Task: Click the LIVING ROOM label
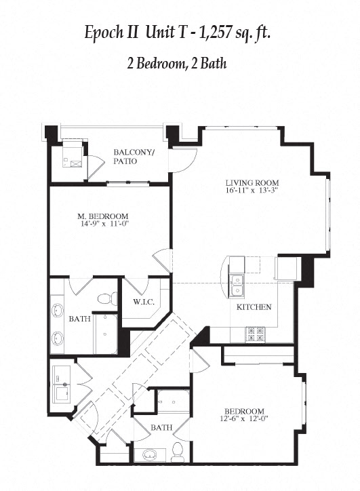[x=252, y=182]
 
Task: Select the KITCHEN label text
[x=254, y=307]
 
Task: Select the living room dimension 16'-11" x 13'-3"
[x=252, y=191]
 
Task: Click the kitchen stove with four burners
[x=256, y=333]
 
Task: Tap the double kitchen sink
[x=237, y=284]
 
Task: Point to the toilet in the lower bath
[x=178, y=450]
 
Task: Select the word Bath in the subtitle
[x=212, y=65]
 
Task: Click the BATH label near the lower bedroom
[x=161, y=427]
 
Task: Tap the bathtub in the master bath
[x=106, y=333]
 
